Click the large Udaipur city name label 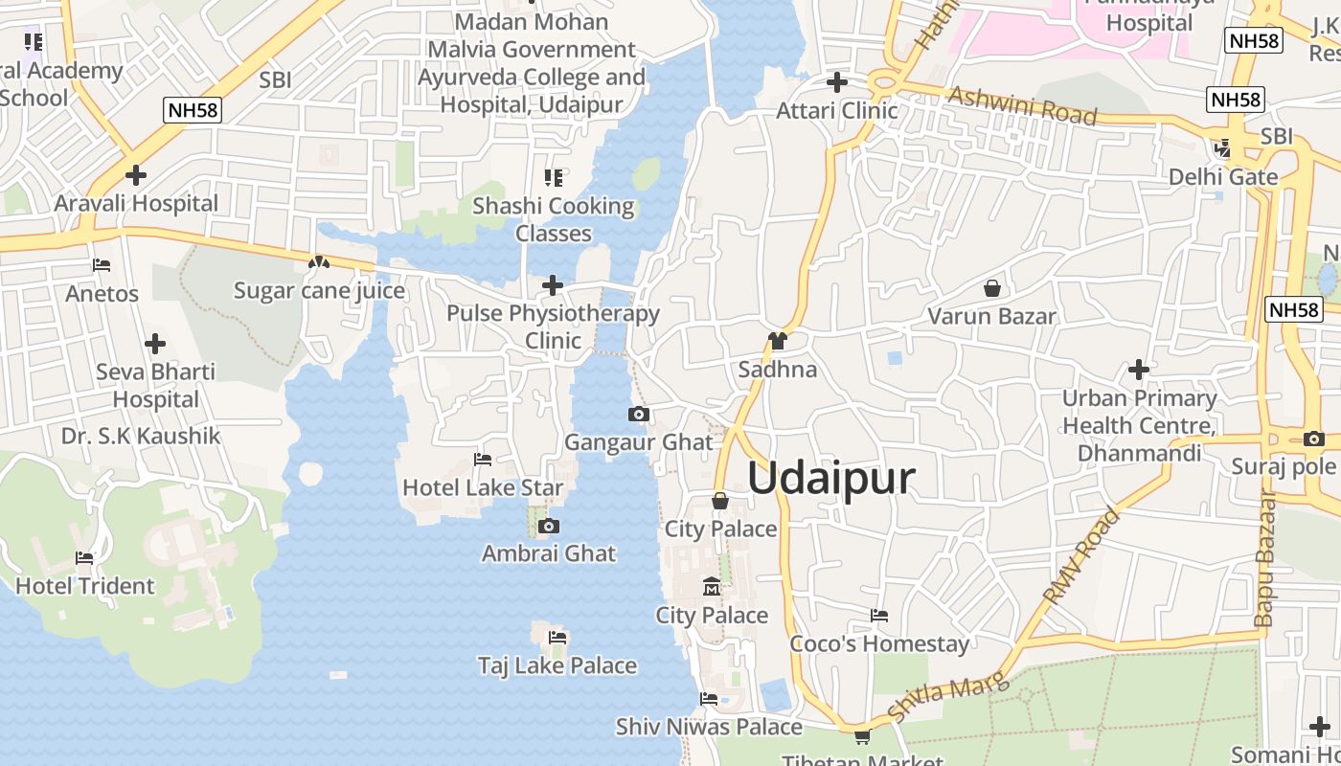click(x=830, y=478)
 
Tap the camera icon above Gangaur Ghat click(x=639, y=415)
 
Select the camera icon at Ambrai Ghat click(x=549, y=526)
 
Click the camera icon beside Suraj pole click(x=1314, y=439)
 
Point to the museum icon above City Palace click(x=712, y=586)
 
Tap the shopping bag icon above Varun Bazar click(x=992, y=287)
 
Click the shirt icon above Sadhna click(x=777, y=341)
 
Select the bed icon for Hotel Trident click(x=84, y=557)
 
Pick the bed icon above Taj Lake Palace click(x=557, y=637)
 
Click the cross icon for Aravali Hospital click(x=136, y=175)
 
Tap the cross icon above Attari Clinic click(x=837, y=82)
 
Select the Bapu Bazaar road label click(x=1266, y=559)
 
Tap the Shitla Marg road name click(x=948, y=697)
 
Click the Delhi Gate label click(x=1223, y=177)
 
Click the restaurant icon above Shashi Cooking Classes click(x=553, y=177)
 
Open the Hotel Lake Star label click(x=483, y=487)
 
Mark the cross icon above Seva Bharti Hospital click(x=155, y=344)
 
